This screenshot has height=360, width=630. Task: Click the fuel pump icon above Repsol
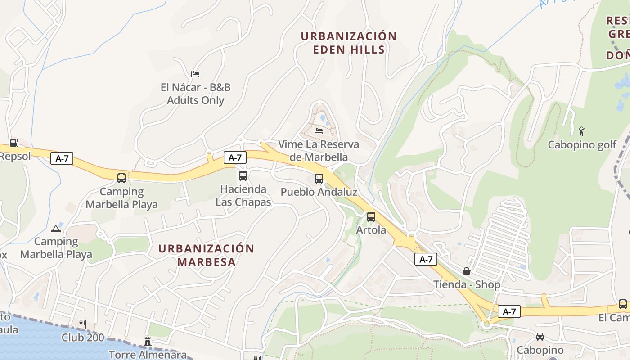[x=14, y=143]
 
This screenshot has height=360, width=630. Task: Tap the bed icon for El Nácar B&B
[x=195, y=74]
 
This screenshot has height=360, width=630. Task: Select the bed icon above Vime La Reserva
[x=319, y=131]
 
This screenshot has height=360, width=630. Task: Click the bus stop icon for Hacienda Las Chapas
[x=243, y=176]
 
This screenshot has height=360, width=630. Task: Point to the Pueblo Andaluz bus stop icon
[x=319, y=179]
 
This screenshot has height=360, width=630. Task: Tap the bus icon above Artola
[x=371, y=217]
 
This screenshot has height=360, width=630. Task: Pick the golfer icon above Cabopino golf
[x=582, y=131]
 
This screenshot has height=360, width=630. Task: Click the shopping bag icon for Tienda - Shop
[x=467, y=271]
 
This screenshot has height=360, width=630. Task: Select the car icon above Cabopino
[x=540, y=336]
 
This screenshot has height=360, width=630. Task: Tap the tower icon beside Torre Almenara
[x=147, y=342]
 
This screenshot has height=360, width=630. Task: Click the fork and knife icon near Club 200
[x=83, y=324]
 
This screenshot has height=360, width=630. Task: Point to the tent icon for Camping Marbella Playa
[x=56, y=229]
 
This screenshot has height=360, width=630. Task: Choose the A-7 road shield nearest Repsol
[x=62, y=158]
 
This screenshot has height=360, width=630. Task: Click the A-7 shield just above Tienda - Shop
[x=426, y=259]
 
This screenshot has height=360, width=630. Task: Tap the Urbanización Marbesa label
[x=207, y=255]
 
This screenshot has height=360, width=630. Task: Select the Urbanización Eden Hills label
[x=349, y=43]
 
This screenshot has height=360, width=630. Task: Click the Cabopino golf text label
[x=582, y=145]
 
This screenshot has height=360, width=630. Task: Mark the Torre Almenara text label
[x=148, y=355]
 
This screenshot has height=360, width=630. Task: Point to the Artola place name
[x=371, y=230]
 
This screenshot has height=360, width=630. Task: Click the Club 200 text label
[x=83, y=337]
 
